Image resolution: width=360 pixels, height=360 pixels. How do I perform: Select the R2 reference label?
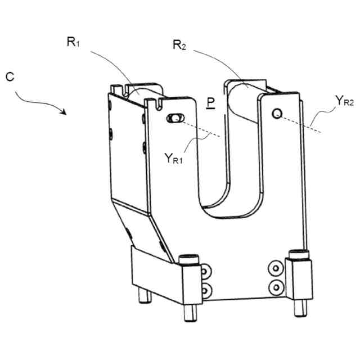(x=178, y=46)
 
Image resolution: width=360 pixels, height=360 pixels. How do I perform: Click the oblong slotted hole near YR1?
(x=175, y=118)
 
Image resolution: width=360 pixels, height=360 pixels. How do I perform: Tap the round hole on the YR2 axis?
(x=276, y=114)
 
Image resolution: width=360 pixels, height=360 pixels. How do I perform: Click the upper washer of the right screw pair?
(x=276, y=268)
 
